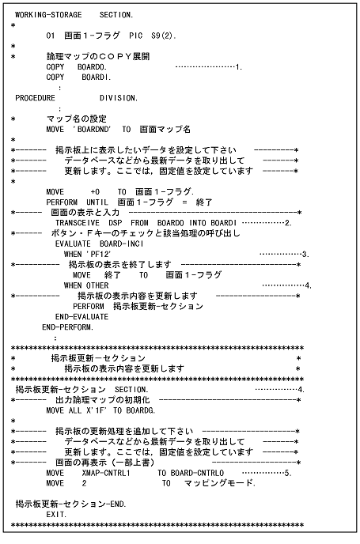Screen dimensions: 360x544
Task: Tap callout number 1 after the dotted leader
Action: click(238, 68)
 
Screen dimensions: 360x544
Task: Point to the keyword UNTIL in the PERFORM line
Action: click(97, 202)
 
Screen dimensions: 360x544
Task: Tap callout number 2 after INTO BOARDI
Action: click(289, 224)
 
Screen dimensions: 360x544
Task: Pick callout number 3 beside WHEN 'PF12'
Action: click(305, 254)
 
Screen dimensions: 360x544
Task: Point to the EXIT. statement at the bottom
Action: click(56, 514)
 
